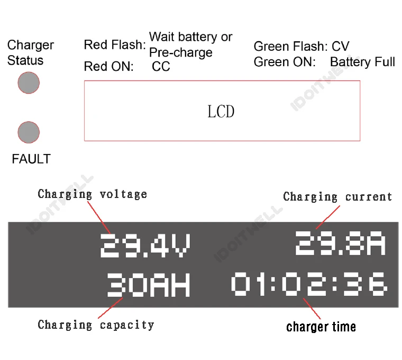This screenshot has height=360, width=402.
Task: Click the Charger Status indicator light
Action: (x=29, y=83)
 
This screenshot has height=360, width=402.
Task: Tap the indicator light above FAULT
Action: (x=29, y=132)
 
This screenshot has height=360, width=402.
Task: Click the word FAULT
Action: (x=31, y=159)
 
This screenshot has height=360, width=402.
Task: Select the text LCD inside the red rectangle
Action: (x=221, y=112)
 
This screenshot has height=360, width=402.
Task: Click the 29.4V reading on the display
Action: (x=145, y=245)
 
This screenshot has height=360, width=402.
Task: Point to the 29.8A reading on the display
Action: (x=340, y=244)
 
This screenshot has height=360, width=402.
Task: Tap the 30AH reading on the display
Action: (x=149, y=285)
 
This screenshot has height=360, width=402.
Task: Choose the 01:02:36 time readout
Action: (x=309, y=284)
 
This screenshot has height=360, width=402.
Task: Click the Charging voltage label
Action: (x=93, y=194)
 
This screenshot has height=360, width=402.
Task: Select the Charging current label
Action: (x=337, y=197)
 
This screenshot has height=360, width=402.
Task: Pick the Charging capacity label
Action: (x=96, y=325)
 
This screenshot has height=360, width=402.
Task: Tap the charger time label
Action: (x=321, y=327)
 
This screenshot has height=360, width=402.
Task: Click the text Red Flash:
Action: (x=115, y=45)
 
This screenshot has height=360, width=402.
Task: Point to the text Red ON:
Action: (x=109, y=67)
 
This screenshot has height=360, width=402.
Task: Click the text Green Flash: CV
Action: (x=301, y=47)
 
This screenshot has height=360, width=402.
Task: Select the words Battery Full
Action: (x=362, y=62)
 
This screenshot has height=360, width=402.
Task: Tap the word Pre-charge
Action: (x=181, y=53)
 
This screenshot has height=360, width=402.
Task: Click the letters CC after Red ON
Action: (x=161, y=67)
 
